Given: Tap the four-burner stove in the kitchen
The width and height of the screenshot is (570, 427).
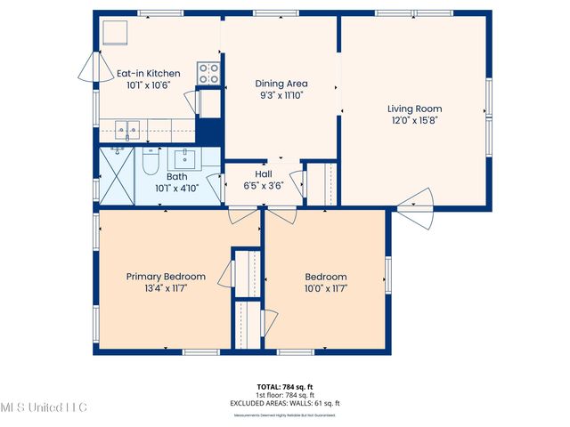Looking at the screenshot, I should coord(208,74).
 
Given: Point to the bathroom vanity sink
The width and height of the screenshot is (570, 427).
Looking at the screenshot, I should coord(185,160).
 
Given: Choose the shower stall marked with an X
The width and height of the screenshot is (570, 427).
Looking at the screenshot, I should coord(116,176).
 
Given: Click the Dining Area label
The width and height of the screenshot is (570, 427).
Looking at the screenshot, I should coord(281,83).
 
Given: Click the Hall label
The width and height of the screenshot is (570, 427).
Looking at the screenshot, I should coord(263,174).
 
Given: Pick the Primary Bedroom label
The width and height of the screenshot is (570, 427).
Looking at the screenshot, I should coord(166,277).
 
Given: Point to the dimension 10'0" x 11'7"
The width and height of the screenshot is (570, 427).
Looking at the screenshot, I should coord(326,288).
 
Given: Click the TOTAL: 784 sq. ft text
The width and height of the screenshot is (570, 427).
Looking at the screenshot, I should coord(284,387).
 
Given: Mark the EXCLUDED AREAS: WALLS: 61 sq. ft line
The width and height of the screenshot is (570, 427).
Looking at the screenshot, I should coord(284,403).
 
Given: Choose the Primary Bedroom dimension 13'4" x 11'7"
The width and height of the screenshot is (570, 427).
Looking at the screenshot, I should coord(166,288).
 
